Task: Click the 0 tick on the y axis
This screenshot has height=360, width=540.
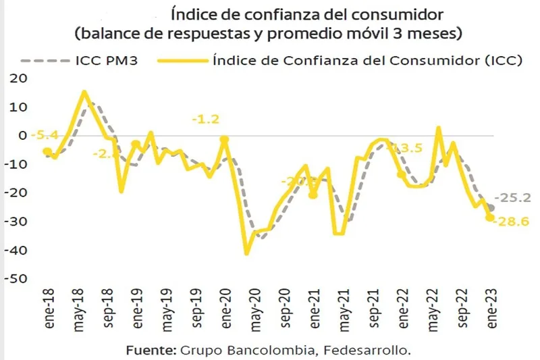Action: click(23, 135)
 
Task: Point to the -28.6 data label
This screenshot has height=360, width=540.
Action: click(514, 222)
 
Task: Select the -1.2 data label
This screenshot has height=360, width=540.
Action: click(205, 120)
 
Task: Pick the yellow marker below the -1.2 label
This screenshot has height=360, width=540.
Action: click(224, 140)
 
